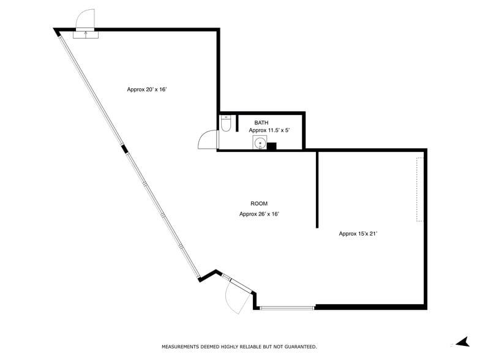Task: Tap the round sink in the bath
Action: tap(260, 144)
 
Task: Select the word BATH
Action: tap(261, 122)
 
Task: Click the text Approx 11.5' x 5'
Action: tap(268, 130)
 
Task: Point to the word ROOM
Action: tap(259, 204)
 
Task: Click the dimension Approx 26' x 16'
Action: tap(259, 214)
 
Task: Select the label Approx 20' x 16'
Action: tap(147, 89)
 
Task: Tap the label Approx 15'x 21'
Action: tap(362, 233)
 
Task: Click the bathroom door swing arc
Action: tap(207, 141)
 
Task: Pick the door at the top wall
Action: tap(85, 26)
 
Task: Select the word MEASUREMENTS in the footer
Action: tap(182, 347)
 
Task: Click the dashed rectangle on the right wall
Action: tap(420, 189)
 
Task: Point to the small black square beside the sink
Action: tap(272, 146)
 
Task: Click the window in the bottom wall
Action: tap(287, 307)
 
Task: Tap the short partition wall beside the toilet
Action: tap(237, 122)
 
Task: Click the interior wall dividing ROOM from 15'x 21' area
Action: tap(317, 189)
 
